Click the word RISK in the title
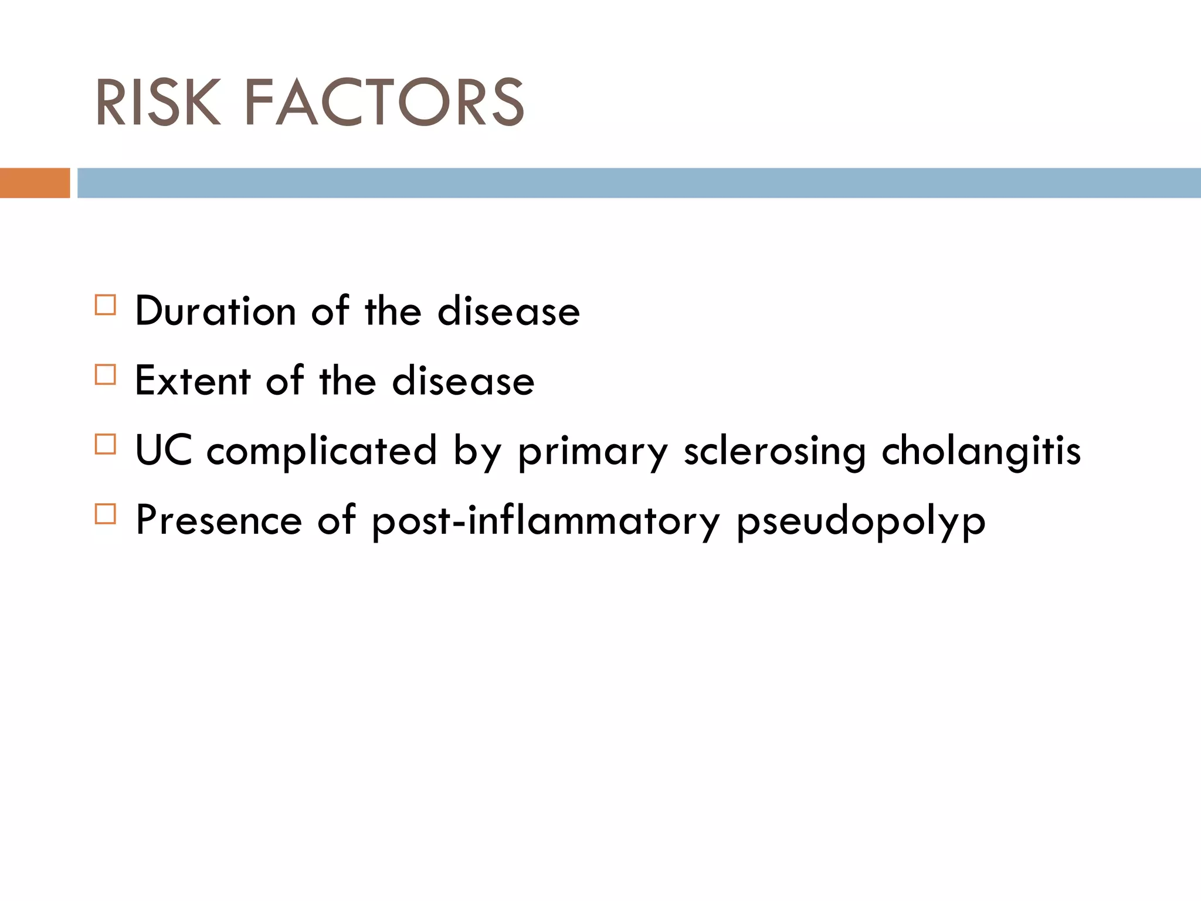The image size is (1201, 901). [158, 103]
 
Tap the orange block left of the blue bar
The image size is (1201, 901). [35, 183]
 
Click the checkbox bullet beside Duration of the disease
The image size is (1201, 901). [106, 305]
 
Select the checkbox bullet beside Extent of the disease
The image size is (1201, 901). [106, 375]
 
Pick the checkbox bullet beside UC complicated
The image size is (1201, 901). [106, 444]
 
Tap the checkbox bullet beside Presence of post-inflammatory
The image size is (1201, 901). [106, 514]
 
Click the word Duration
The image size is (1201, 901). [215, 311]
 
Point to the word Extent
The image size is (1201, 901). [193, 381]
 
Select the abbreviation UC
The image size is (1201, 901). [163, 450]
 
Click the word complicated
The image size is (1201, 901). [322, 450]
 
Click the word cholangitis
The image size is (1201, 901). [981, 450]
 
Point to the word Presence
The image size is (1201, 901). [218, 520]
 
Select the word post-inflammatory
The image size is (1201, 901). [546, 521]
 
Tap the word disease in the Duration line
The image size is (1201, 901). [508, 311]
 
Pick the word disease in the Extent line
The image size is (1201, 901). [463, 381]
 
